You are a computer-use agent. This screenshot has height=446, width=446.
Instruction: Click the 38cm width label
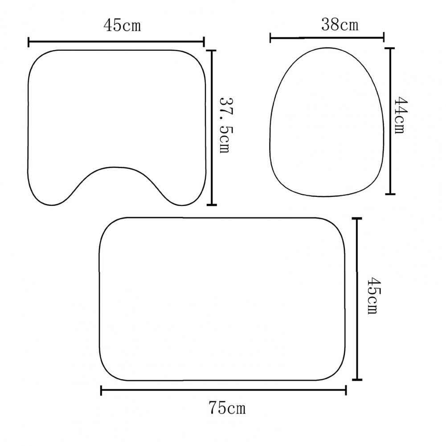coord(340,25)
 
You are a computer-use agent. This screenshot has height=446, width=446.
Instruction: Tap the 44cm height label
coord(401,115)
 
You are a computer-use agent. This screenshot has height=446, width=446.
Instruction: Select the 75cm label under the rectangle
coord(227,407)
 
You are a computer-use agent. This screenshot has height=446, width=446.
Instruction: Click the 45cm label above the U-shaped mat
coord(123,25)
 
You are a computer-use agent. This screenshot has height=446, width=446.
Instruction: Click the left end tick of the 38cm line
coord(270,37)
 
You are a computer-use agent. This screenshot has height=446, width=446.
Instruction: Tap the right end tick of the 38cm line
coord(384,37)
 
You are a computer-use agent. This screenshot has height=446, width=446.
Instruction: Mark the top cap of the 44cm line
coord(390,49)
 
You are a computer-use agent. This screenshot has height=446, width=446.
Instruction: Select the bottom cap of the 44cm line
coord(390,194)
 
